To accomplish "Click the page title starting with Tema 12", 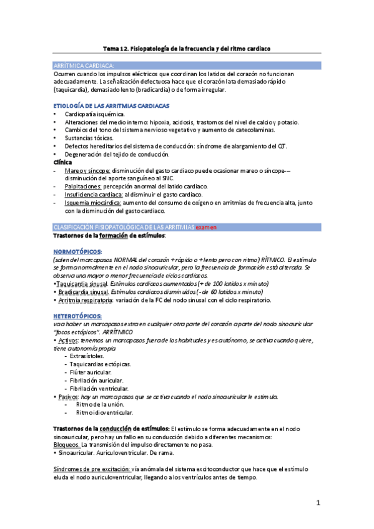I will (187, 49).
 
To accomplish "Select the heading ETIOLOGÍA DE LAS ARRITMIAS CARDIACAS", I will (112, 105).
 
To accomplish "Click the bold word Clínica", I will (62, 162).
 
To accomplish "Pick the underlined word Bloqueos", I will (66, 445).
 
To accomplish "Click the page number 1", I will (318, 502).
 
